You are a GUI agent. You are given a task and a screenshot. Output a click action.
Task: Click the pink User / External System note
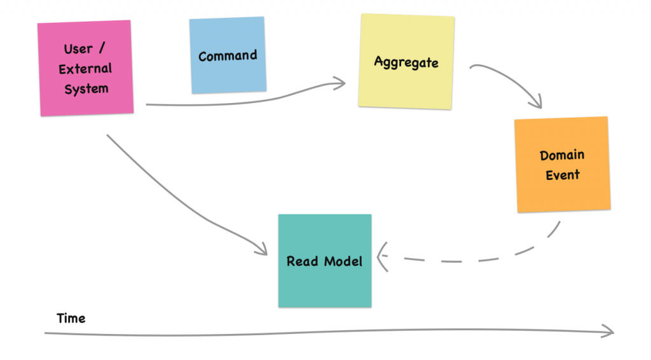click(85, 68)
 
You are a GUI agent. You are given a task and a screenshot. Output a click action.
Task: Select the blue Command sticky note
click(228, 55)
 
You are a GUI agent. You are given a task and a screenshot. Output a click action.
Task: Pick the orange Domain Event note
click(563, 165)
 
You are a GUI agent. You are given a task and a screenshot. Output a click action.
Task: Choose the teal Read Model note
click(325, 261)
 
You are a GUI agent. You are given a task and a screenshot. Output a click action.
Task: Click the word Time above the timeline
click(71, 318)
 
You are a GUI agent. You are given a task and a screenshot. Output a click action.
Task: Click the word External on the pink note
click(85, 69)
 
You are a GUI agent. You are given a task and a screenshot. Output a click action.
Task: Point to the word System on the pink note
click(86, 89)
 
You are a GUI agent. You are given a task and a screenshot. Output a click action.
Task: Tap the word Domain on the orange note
click(562, 155)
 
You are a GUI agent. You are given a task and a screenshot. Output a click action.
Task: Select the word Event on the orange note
click(563, 175)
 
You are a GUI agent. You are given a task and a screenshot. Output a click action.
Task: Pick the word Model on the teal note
click(343, 261)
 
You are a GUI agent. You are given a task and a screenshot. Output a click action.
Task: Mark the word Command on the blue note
click(228, 56)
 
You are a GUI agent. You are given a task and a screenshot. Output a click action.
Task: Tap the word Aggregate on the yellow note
click(406, 62)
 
